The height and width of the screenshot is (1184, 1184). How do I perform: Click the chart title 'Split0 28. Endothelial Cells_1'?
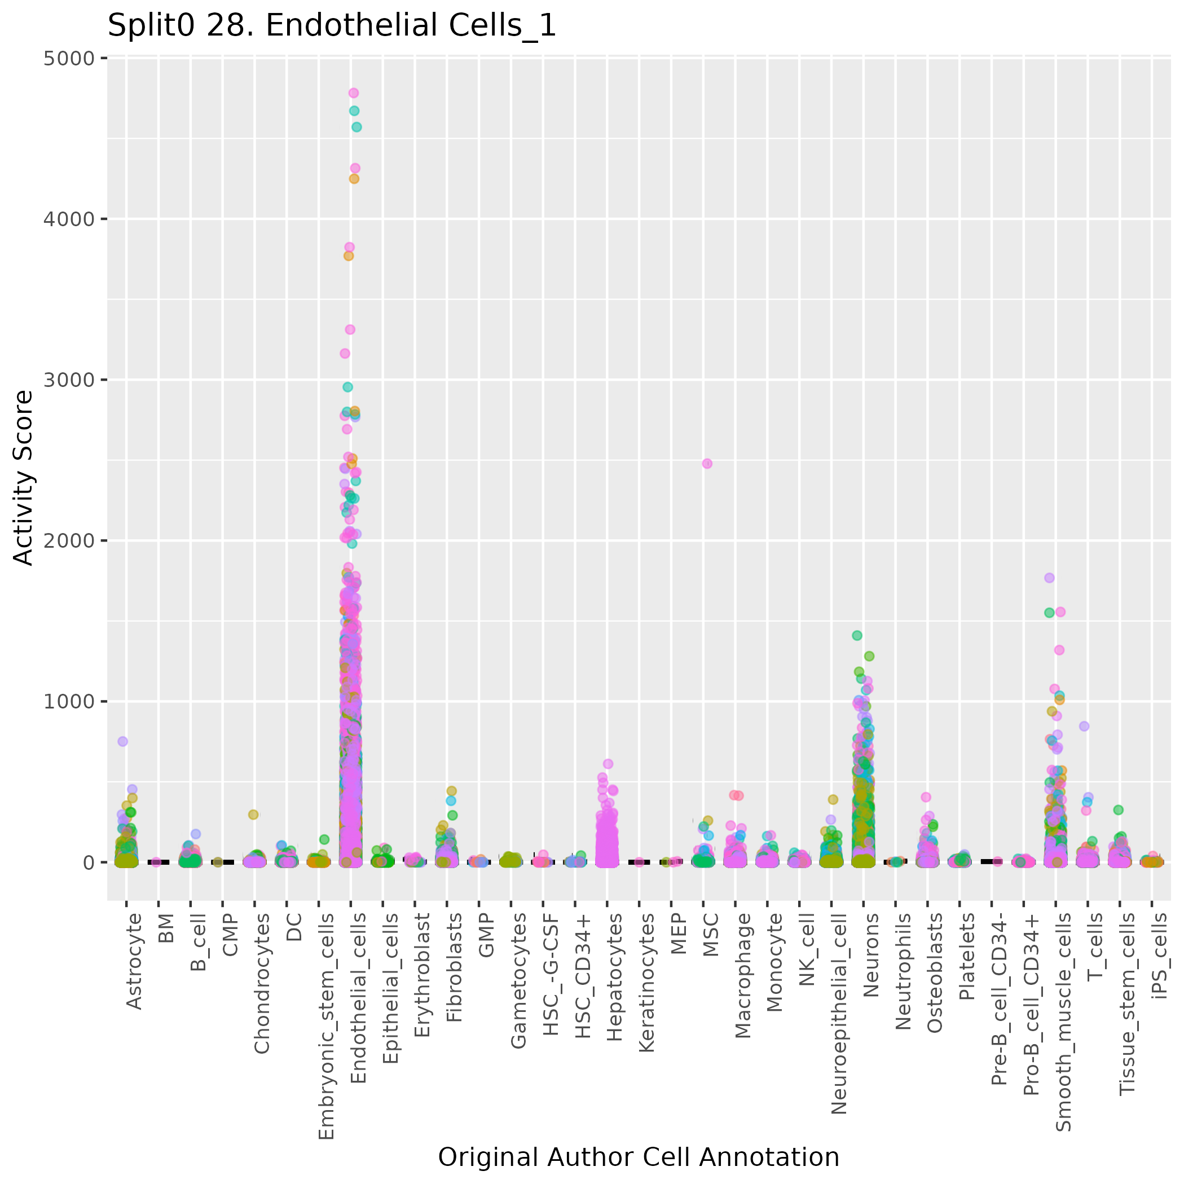332,26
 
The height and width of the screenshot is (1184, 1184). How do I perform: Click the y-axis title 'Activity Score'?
23,477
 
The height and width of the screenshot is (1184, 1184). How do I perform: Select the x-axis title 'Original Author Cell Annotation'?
638,1157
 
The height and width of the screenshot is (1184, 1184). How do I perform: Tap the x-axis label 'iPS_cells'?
1160,956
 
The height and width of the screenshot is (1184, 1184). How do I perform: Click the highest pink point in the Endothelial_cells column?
354,93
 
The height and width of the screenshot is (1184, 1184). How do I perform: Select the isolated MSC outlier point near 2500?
707,463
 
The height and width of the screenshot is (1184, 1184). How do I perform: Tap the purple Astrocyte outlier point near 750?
122,741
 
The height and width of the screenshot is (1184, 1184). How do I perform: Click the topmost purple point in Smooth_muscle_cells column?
1049,577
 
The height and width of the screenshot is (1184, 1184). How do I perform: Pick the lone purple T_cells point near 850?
1084,725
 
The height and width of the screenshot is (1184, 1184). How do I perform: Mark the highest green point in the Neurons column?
857,636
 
